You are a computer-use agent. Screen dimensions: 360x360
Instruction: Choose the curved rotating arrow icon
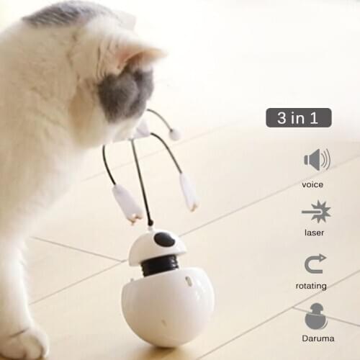pyautogui.click(x=315, y=264)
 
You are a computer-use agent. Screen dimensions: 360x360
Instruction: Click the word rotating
pyautogui.click(x=310, y=286)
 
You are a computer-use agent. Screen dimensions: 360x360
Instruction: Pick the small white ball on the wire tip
pyautogui.click(x=175, y=135)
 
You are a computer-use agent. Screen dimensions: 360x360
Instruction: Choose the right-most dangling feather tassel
pyautogui.click(x=189, y=192)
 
